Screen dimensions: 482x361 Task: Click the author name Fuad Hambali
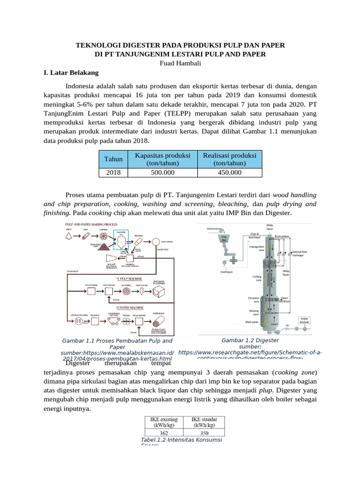[180, 63]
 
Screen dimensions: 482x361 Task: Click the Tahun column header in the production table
[113, 159]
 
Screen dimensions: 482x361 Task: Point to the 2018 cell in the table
[113, 172]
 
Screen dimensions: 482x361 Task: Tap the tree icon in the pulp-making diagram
[70, 235]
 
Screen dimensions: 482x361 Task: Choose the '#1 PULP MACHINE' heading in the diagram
[130, 279]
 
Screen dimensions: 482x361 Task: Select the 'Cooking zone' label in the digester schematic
[257, 278]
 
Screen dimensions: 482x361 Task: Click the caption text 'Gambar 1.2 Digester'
[250, 340]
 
